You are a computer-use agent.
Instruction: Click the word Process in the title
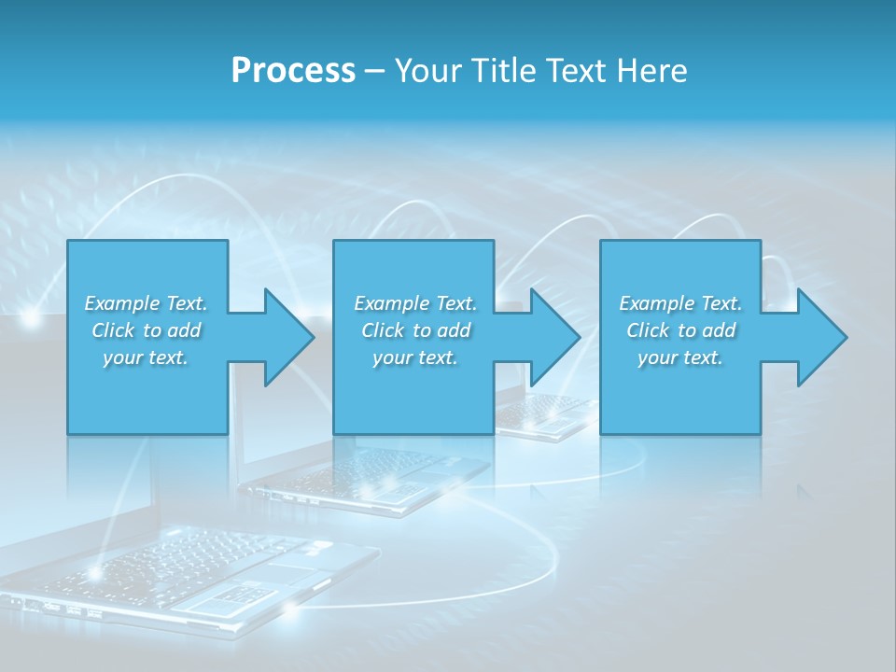click(293, 71)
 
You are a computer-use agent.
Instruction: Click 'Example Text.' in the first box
click(147, 303)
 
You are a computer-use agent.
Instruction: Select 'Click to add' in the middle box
click(415, 330)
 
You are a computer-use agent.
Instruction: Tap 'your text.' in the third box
click(680, 357)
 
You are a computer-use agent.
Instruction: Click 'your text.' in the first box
click(147, 357)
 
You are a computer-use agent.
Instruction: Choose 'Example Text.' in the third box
click(680, 303)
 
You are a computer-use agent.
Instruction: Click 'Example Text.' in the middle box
click(415, 303)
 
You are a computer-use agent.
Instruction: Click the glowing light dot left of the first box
click(31, 319)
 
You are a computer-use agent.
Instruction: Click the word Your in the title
click(428, 71)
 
